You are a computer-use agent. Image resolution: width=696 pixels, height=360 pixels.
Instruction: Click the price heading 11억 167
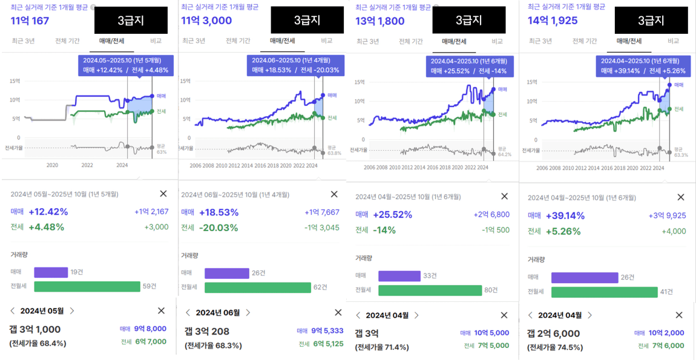[30, 21]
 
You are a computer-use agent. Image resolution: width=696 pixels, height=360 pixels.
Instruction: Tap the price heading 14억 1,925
[553, 21]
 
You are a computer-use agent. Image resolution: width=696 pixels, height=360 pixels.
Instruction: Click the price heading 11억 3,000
[206, 21]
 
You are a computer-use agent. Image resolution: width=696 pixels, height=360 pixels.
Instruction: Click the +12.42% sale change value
[48, 212]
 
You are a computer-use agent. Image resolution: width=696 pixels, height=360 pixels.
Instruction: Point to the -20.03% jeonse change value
[218, 228]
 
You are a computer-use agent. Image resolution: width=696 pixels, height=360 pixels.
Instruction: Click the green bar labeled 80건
[430, 290]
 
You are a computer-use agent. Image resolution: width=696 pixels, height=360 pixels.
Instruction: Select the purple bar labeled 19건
[51, 272]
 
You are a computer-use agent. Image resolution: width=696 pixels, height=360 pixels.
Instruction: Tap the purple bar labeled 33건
[399, 276]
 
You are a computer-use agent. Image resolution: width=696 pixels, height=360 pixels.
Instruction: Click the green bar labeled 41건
[604, 292]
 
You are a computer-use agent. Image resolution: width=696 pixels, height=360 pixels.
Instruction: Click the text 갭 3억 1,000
[35, 330]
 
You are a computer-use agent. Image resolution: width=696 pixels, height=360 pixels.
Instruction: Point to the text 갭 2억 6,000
[553, 333]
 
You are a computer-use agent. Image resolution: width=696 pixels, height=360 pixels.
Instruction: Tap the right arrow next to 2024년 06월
[248, 313]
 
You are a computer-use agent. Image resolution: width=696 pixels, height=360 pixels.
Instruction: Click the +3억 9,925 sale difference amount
[667, 215]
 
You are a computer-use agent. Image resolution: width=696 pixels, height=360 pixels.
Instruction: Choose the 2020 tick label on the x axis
[52, 165]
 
